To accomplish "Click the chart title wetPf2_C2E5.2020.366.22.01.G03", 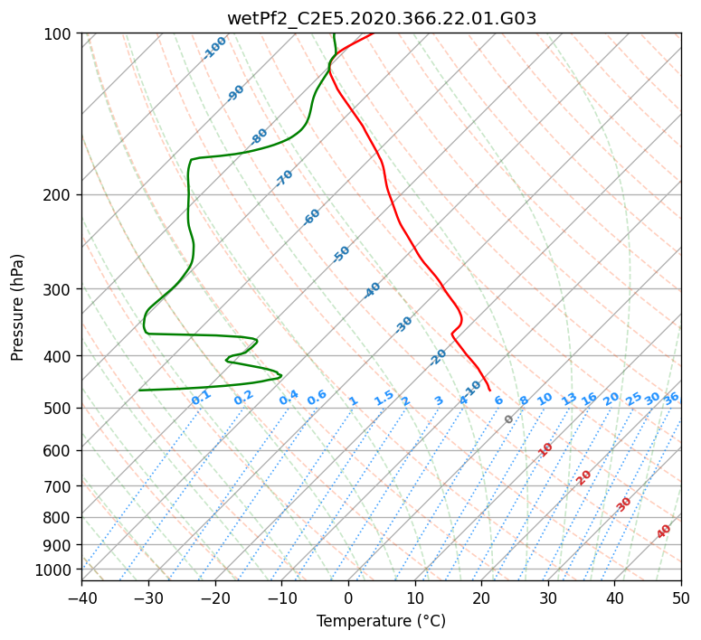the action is coord(382,19).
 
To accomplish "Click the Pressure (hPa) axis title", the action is coord(17,307).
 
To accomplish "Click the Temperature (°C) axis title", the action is coord(381,621).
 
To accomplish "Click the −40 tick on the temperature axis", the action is coord(81,598).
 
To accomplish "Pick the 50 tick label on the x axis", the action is coord(681,598).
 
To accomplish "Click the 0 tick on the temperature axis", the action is coord(348,598).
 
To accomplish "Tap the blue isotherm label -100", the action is coord(214,48).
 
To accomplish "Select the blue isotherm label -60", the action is coord(311,217).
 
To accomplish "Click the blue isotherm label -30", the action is coord(403,325).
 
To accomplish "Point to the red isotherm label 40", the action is coord(663,532).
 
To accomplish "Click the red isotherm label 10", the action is coord(545,449).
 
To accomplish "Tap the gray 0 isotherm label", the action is coord(508,419).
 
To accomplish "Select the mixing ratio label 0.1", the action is coord(201,398).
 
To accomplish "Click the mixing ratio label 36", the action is coord(671,399).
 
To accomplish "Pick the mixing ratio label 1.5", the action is coord(384,398).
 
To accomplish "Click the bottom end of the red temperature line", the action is coord(490,391).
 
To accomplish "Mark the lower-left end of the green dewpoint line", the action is coord(139,391).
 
